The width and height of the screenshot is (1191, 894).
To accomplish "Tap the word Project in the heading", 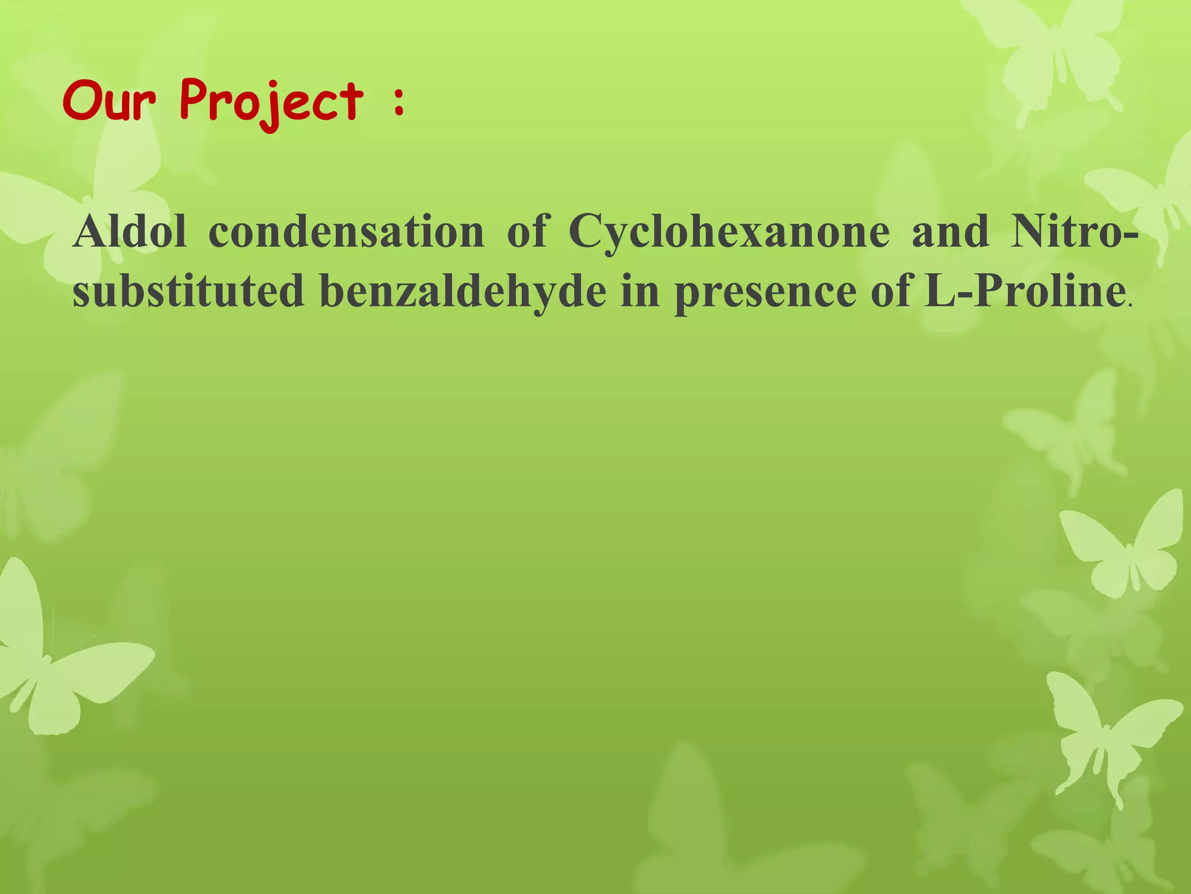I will pos(271,103).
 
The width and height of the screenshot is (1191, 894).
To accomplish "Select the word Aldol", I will pos(130,231).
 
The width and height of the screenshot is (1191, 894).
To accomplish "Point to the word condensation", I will pos(346,231).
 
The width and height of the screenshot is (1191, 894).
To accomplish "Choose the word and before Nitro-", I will pos(950,231).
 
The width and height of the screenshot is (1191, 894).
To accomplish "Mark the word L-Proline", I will pos(1023,290).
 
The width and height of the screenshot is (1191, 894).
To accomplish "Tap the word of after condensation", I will pos(527,231).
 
